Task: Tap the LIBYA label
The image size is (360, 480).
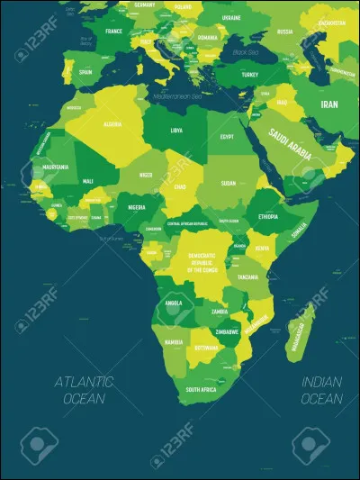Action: click(x=176, y=131)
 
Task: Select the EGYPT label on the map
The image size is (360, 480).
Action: click(x=226, y=138)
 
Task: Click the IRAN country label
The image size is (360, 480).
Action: click(x=328, y=104)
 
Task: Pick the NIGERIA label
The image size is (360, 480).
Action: click(x=136, y=206)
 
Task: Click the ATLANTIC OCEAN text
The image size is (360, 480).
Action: click(x=83, y=389)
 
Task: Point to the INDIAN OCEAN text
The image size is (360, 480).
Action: click(x=321, y=389)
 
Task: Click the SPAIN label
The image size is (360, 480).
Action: click(x=86, y=71)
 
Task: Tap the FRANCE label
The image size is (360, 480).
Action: click(x=113, y=31)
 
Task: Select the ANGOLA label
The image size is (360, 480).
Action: click(x=172, y=302)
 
